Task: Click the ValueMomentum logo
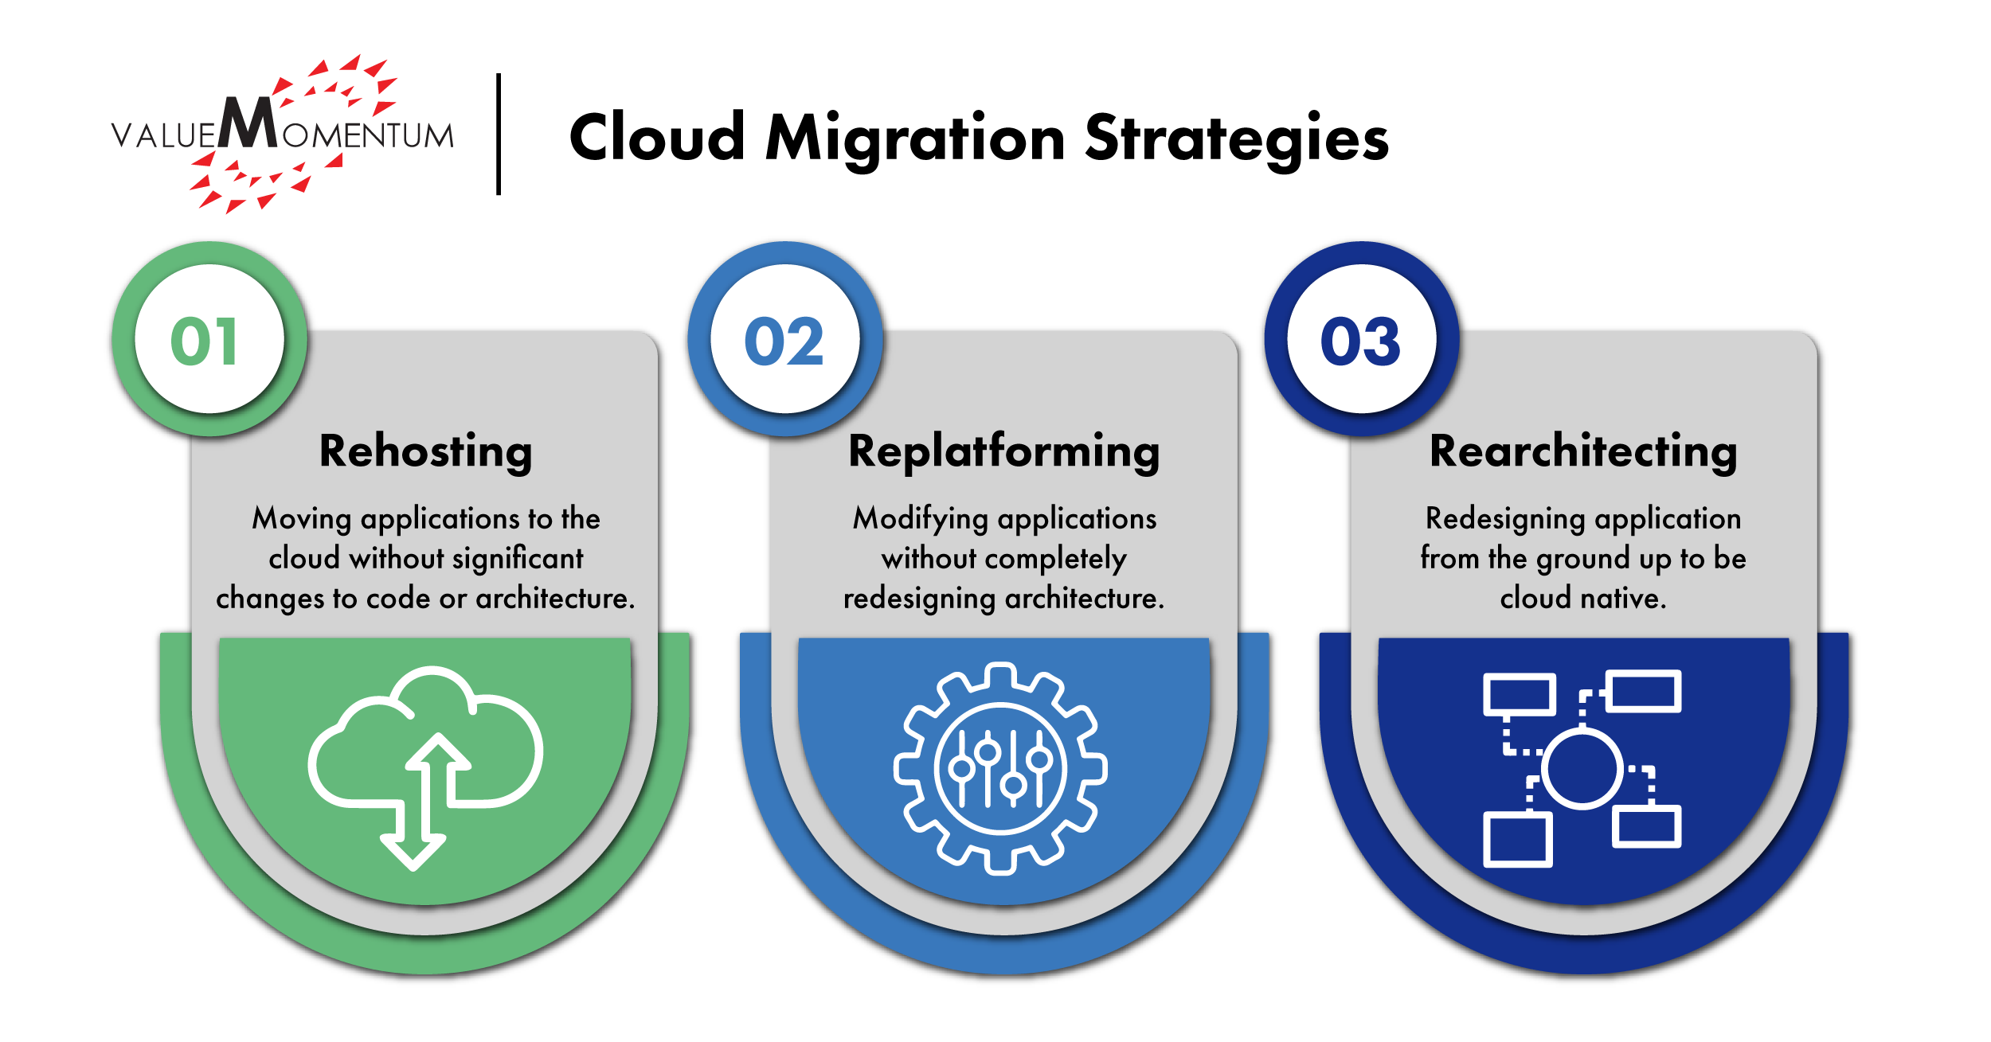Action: [283, 134]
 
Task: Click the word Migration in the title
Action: [915, 139]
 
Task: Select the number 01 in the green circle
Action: [205, 341]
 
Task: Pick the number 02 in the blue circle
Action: [784, 341]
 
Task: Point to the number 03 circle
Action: [1361, 341]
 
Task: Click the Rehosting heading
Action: [425, 451]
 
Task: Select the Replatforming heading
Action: [1003, 451]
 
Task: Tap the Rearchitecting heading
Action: [1583, 451]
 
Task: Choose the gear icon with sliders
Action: [1000, 768]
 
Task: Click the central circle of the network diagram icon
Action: [1582, 770]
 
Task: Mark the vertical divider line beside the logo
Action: [499, 134]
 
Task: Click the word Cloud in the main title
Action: [657, 139]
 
